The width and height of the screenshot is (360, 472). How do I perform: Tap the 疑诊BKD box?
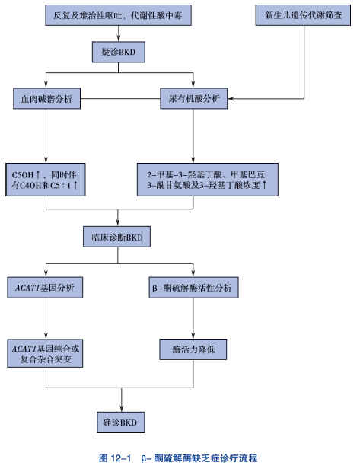tap(118, 53)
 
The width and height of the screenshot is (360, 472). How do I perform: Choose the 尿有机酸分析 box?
tap(194, 99)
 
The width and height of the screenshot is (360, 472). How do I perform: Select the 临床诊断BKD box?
tap(117, 238)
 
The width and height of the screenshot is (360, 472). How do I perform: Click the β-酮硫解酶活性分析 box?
tap(193, 288)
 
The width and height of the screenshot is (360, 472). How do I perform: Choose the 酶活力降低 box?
tap(193, 348)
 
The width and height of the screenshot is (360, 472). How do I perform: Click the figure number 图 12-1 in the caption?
tap(116, 458)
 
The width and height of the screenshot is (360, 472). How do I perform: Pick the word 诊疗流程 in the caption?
tap(238, 458)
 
